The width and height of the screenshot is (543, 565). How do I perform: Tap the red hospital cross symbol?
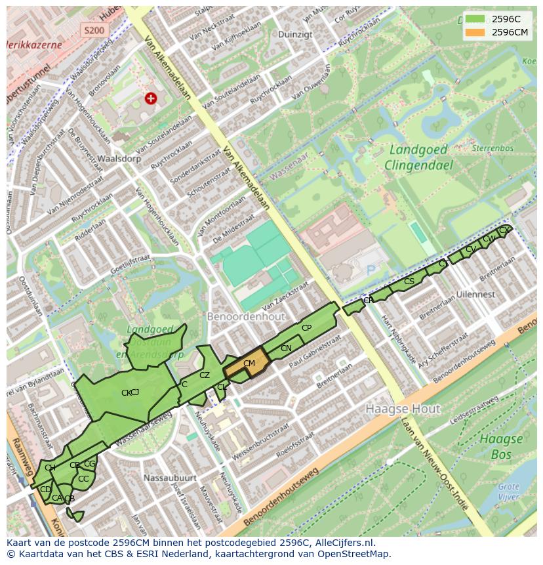tap(151, 98)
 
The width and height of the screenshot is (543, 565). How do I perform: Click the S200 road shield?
tap(94, 30)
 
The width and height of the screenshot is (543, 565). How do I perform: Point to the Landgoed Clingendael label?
tap(418, 157)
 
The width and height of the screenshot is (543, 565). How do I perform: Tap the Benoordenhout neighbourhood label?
tap(246, 316)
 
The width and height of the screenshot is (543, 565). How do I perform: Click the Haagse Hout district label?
tap(403, 409)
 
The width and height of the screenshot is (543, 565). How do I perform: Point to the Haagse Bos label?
tap(500, 447)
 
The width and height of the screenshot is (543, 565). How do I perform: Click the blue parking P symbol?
tap(371, 270)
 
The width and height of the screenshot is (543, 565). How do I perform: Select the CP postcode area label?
tap(306, 328)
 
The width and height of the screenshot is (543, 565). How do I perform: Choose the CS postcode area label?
tap(409, 281)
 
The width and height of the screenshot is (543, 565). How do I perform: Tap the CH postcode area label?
tap(50, 467)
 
